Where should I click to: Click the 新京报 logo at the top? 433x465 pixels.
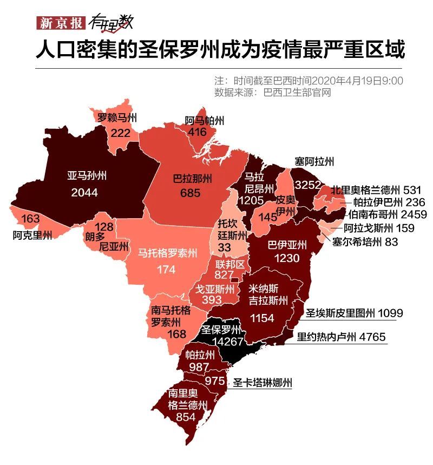[x=58, y=23]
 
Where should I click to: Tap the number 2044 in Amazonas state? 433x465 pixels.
[x=84, y=193]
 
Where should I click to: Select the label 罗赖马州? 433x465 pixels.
[x=117, y=117]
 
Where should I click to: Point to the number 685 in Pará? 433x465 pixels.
[x=191, y=193]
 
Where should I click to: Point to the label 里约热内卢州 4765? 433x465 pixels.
[x=341, y=337]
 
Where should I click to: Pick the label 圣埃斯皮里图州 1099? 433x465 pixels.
[x=354, y=313]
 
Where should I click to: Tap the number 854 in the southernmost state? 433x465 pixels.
[x=187, y=418]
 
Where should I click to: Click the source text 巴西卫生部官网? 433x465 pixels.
[x=296, y=93]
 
